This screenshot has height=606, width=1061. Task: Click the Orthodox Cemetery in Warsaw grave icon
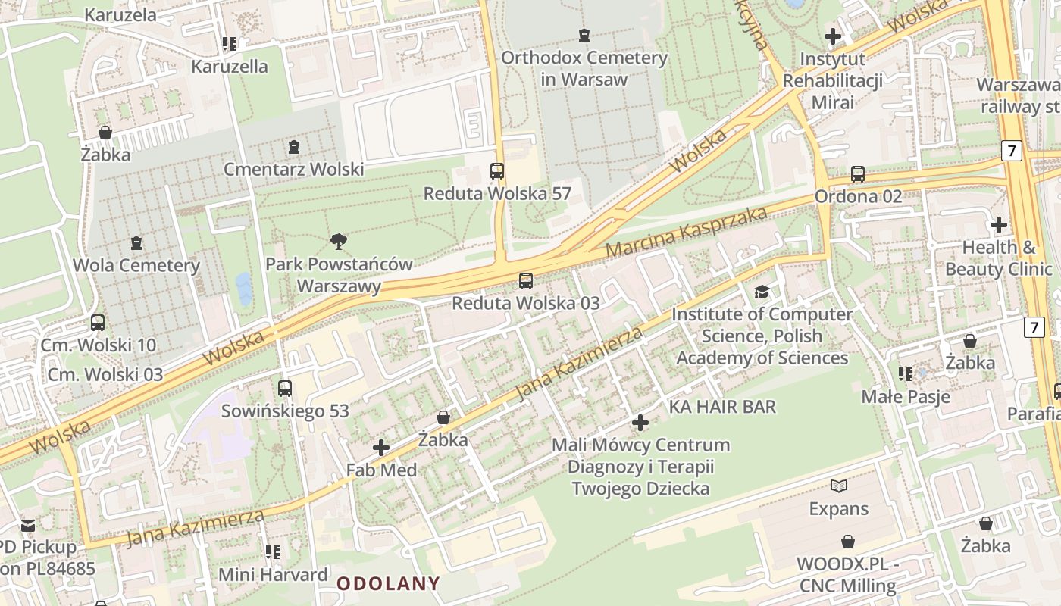pyautogui.click(x=584, y=35)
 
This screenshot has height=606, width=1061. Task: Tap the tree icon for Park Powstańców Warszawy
pyautogui.click(x=339, y=242)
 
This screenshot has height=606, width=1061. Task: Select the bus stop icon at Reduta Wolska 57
pyautogui.click(x=497, y=171)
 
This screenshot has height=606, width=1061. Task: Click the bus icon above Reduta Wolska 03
pyautogui.click(x=525, y=281)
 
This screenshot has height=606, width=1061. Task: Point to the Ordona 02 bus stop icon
pyautogui.click(x=858, y=174)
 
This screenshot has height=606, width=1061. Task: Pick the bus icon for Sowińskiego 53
pyautogui.click(x=285, y=389)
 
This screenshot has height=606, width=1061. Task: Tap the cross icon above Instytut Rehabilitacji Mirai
pyautogui.click(x=833, y=36)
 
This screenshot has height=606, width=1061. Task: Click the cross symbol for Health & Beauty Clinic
pyautogui.click(x=999, y=225)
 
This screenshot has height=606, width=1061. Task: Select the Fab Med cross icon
pyautogui.click(x=381, y=448)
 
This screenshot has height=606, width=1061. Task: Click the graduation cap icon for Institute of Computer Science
pyautogui.click(x=762, y=292)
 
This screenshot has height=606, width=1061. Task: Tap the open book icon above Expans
pyautogui.click(x=838, y=486)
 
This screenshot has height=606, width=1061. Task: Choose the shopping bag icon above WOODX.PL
pyautogui.click(x=847, y=542)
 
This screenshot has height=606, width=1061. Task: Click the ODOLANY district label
pyautogui.click(x=388, y=583)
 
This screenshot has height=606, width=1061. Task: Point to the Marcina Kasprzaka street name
pyautogui.click(x=687, y=232)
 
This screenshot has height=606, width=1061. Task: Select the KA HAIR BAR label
pyautogui.click(x=722, y=407)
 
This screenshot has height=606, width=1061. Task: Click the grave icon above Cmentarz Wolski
pyautogui.click(x=294, y=146)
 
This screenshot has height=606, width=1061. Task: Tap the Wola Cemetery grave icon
pyautogui.click(x=136, y=243)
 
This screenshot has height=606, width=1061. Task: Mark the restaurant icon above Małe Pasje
pyautogui.click(x=905, y=374)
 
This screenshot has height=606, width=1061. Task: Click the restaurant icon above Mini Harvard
pyautogui.click(x=273, y=552)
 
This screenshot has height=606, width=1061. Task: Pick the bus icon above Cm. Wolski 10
pyautogui.click(x=98, y=323)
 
